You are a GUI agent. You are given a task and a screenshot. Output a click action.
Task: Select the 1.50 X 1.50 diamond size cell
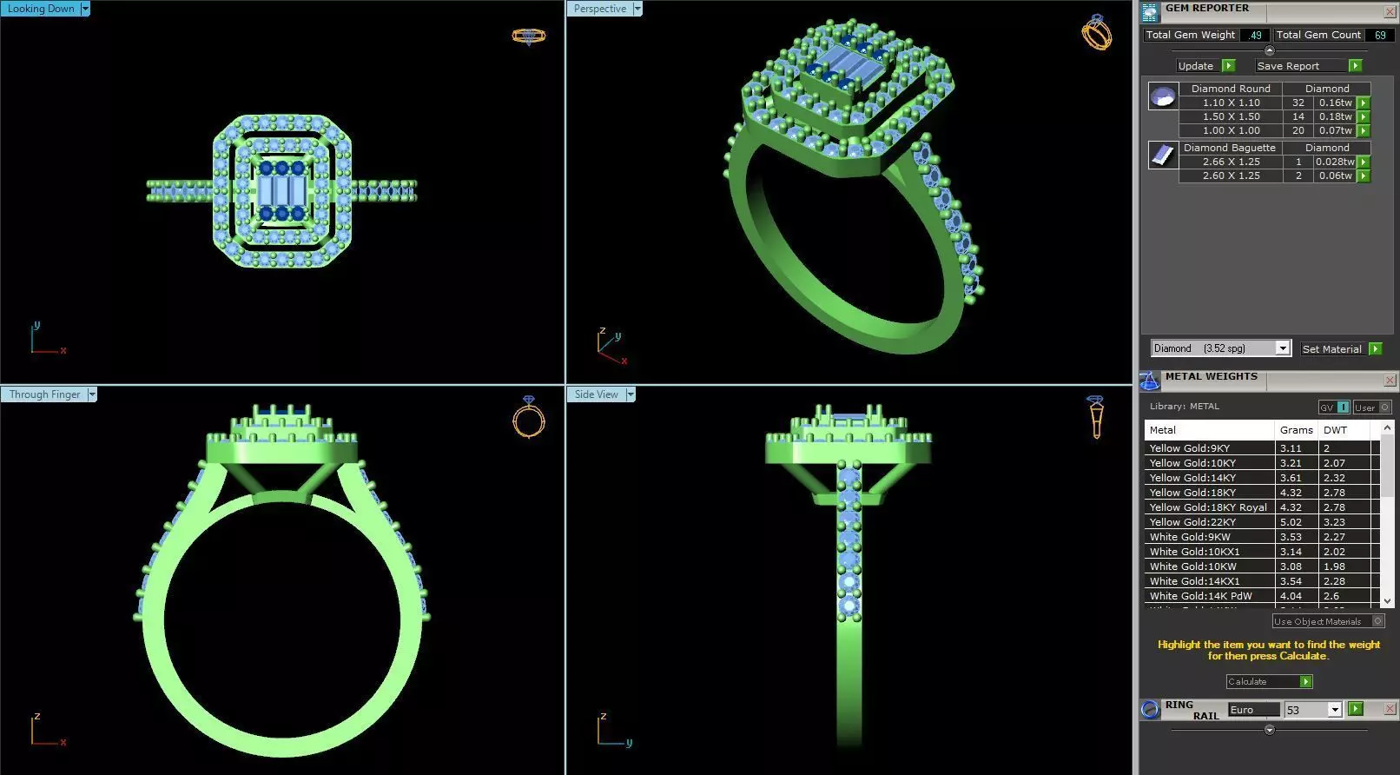1231,116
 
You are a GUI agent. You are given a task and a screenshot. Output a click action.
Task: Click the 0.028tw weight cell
1334,162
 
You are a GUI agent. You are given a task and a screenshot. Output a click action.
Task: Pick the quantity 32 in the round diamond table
1298,103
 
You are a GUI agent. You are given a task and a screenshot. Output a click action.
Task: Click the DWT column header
1335,430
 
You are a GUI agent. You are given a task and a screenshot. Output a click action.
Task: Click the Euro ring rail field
1252,710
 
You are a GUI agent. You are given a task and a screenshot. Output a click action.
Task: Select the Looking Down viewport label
41,9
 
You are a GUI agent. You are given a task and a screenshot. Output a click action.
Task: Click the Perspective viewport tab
600,9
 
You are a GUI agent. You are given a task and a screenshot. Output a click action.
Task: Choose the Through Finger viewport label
44,394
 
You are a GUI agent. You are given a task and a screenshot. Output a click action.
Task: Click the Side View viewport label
597,394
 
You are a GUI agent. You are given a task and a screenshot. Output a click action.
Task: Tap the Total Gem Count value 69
1379,35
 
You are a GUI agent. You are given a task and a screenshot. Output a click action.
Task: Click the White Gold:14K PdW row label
1200,596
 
